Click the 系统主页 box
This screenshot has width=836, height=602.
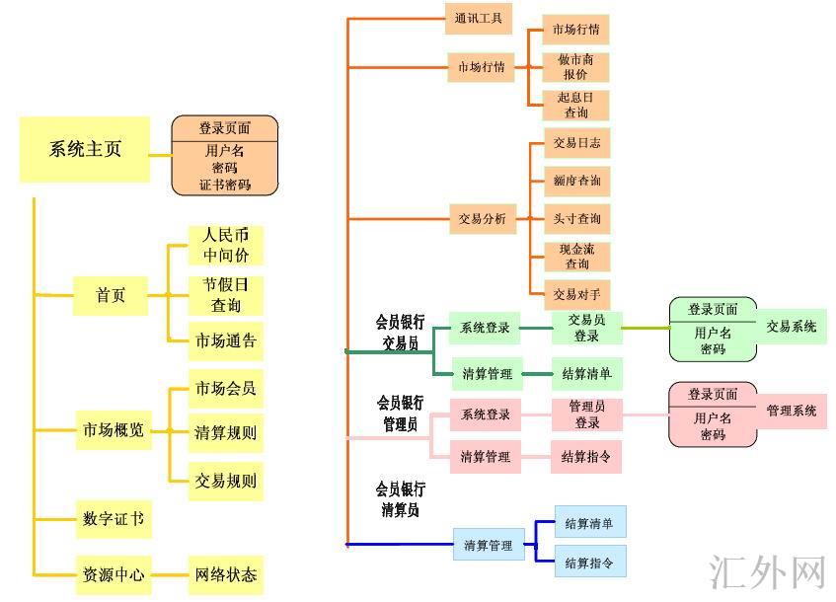[85, 150]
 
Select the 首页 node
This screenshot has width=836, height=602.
[111, 295]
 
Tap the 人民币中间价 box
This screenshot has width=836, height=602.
[226, 245]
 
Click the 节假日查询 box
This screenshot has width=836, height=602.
[226, 294]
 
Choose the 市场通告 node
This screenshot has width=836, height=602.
[226, 340]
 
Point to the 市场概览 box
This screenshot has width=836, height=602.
[114, 429]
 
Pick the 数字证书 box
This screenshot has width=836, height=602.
[114, 518]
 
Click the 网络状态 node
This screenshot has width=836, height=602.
[226, 573]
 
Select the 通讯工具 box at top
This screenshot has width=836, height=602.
[479, 19]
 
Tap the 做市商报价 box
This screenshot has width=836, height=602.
[575, 67]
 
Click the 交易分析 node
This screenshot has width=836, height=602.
[482, 219]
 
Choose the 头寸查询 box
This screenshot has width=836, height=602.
[576, 218]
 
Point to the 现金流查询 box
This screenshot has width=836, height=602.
[576, 257]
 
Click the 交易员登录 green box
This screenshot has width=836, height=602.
[586, 328]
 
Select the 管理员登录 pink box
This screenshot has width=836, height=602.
[587, 414]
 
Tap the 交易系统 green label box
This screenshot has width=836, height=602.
[792, 327]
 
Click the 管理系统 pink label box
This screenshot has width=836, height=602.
[792, 411]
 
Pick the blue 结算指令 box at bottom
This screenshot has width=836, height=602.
[589, 564]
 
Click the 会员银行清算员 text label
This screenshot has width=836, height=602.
[400, 499]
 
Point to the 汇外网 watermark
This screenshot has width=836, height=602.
[767, 571]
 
